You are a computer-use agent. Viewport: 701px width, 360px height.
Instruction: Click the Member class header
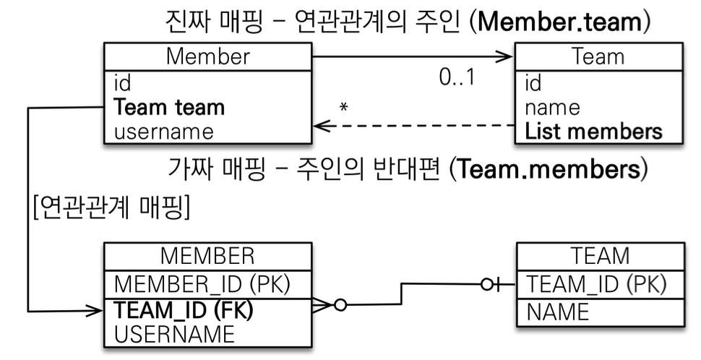pos(208,57)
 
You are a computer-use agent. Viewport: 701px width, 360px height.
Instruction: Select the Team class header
pos(598,57)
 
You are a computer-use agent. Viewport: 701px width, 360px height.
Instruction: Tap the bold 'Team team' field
pos(169,107)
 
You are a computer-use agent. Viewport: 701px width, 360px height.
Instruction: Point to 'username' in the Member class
pos(163,132)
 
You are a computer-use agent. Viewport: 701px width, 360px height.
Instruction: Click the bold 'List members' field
pos(593,132)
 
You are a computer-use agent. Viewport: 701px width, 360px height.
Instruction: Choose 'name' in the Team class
pos(552,108)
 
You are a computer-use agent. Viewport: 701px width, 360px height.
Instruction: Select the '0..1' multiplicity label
pos(457,77)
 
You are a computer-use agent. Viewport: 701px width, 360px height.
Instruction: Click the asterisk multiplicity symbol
pos(343,107)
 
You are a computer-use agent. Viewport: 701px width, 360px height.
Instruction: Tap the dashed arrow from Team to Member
pos(414,126)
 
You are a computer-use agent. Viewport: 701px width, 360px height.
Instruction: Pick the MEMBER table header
pos(207,256)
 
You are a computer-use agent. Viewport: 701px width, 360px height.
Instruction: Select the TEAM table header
pos(601,256)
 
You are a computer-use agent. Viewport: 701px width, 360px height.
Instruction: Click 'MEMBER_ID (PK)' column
pos(202,284)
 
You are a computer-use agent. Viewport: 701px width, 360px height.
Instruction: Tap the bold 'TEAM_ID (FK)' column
pos(184,310)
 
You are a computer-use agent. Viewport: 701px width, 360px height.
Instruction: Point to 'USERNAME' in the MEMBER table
pos(174,335)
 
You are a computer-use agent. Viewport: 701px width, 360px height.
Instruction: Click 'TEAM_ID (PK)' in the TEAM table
pos(596,284)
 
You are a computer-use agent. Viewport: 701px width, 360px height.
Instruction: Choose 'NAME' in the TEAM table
pos(558,312)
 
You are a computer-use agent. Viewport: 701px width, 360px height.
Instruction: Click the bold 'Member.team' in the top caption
pos(560,22)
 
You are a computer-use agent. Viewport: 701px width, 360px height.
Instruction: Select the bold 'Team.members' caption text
pos(549,169)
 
